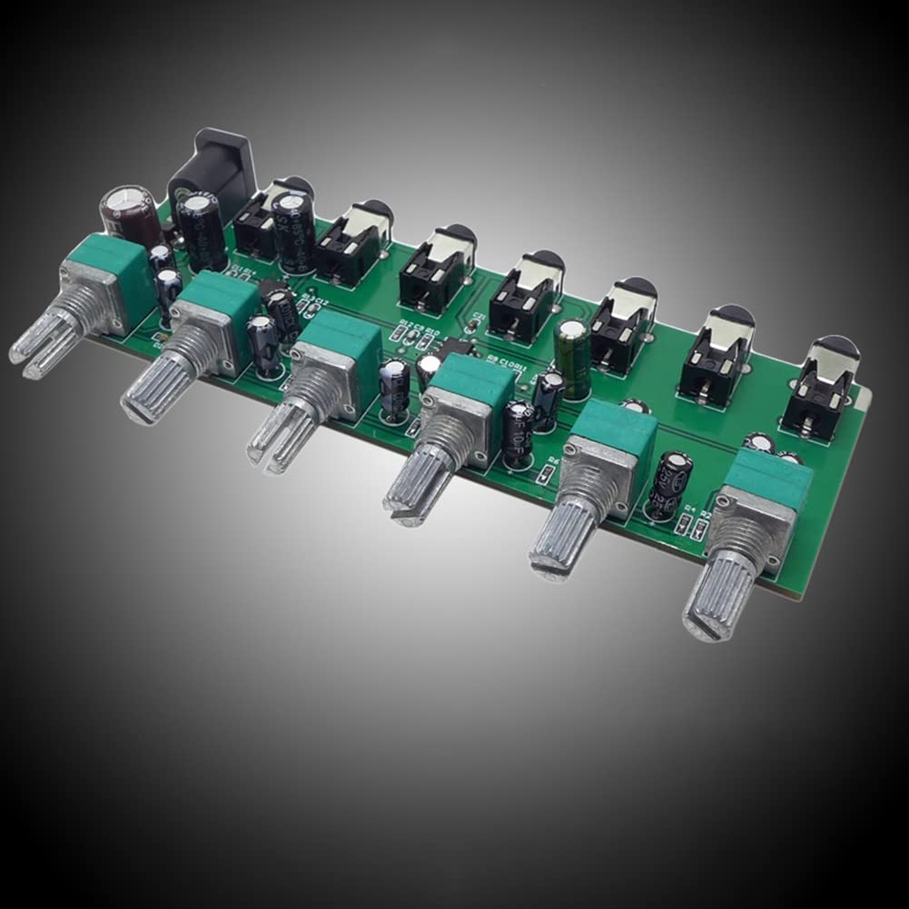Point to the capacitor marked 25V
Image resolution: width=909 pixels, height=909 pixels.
point(670,486)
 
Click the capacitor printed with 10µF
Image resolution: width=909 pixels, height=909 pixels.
point(519,435)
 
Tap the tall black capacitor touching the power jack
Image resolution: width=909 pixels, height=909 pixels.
point(201,231)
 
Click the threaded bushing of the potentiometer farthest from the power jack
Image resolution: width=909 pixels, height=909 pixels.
point(746,550)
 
